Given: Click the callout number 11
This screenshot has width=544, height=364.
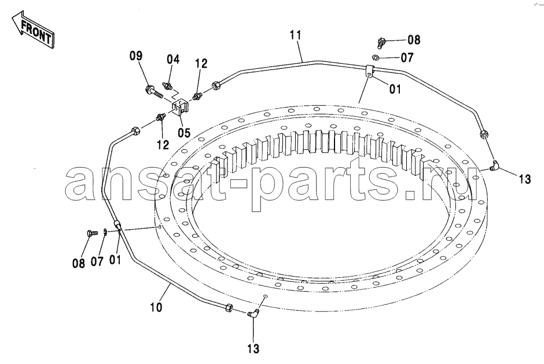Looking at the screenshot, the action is coord(296,35).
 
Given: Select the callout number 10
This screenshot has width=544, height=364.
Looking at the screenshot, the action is coord(156,307).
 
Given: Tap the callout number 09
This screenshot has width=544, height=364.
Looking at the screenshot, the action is coord(136,56).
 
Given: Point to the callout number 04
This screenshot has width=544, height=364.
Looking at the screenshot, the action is coord(173,59).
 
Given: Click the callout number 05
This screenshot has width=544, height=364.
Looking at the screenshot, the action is coord(184,133).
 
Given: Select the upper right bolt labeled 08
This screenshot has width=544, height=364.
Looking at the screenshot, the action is coord(381,43).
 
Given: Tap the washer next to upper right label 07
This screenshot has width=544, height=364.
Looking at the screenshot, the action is coord(376,57).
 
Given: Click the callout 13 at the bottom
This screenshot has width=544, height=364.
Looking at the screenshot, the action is coord(253,348).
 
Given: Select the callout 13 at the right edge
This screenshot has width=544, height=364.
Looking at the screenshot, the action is coord(525,179).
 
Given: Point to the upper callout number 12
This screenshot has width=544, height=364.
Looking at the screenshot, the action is coord(201,63).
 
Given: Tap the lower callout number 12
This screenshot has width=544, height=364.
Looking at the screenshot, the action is coord(163,144).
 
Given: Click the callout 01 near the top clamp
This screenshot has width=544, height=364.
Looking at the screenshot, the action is coord(395,89).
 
